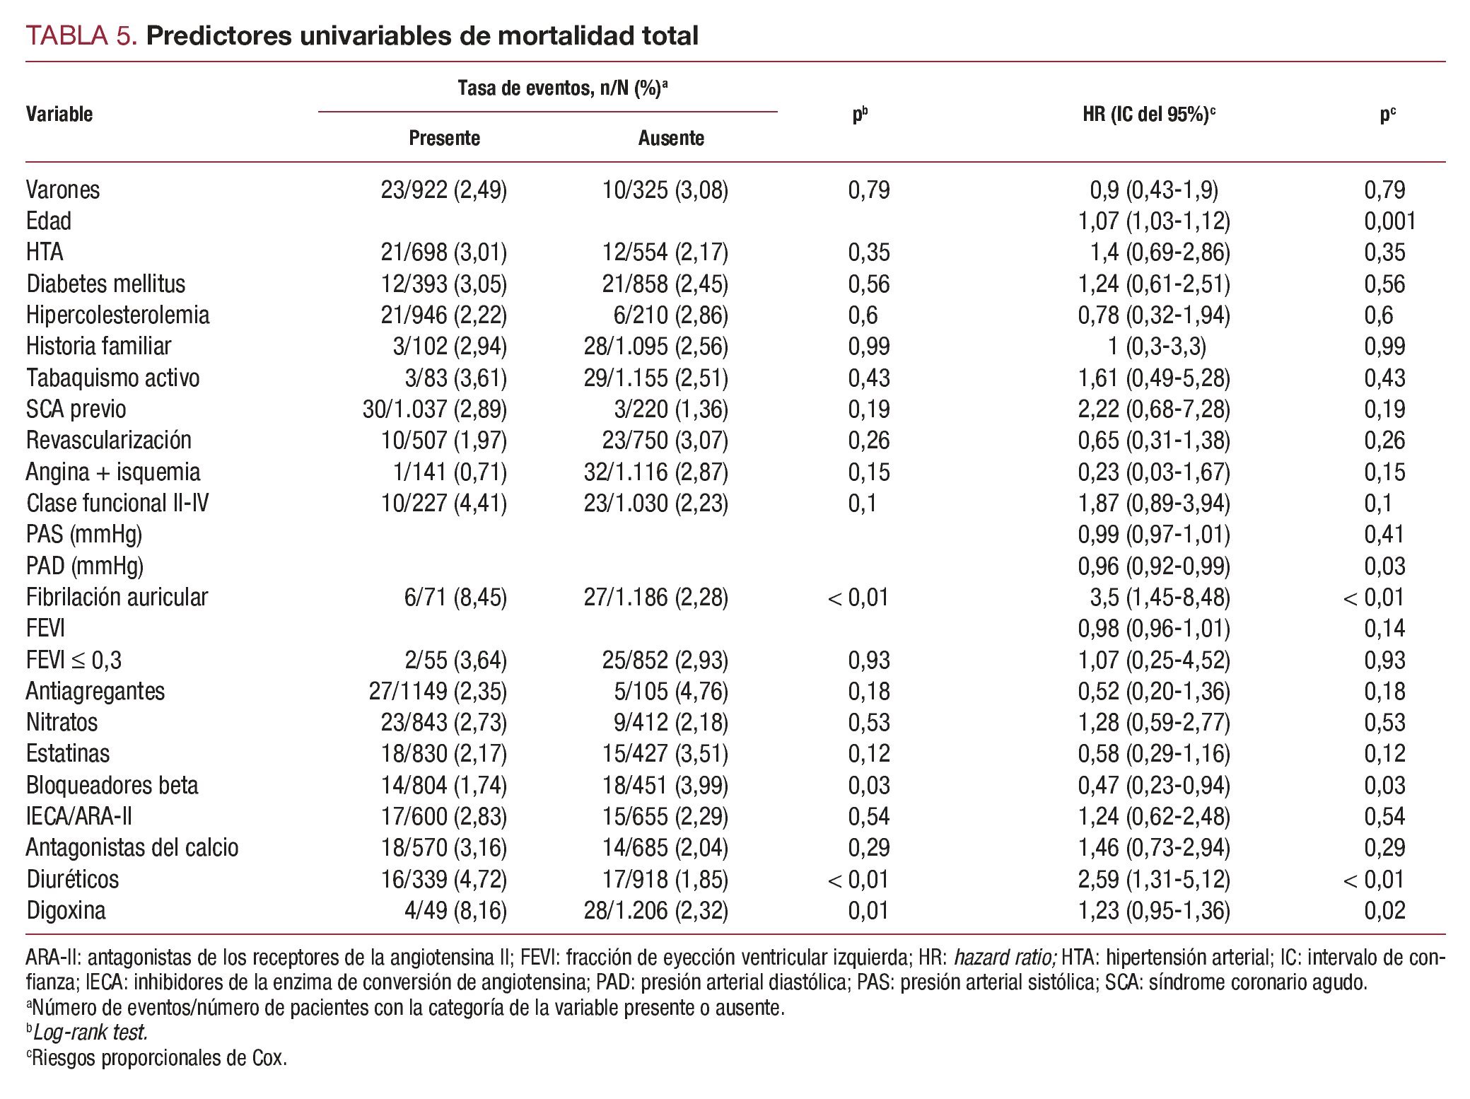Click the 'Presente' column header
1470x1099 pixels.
tap(444, 138)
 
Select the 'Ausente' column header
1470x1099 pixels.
tap(670, 138)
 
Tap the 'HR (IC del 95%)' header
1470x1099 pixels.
tap(1148, 114)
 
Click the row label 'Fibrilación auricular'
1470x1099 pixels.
tap(117, 598)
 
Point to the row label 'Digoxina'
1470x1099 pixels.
tap(66, 910)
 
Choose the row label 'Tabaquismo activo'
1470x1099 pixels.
tap(112, 378)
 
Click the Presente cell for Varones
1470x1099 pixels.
tap(443, 190)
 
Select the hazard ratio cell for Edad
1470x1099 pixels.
tap(1153, 221)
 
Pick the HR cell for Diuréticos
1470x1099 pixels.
tap(1153, 879)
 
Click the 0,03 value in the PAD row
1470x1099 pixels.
tap(1384, 566)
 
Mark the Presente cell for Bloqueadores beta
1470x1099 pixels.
tap(443, 786)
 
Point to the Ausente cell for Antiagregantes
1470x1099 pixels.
tap(670, 692)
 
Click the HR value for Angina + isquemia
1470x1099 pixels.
tap(1153, 472)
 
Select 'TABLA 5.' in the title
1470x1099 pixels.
tap(81, 35)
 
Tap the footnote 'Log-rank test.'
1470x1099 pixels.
tap(89, 1033)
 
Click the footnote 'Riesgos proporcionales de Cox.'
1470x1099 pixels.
tap(158, 1058)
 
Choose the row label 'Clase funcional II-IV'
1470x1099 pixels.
tap(117, 504)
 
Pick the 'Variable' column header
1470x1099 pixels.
tap(59, 114)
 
